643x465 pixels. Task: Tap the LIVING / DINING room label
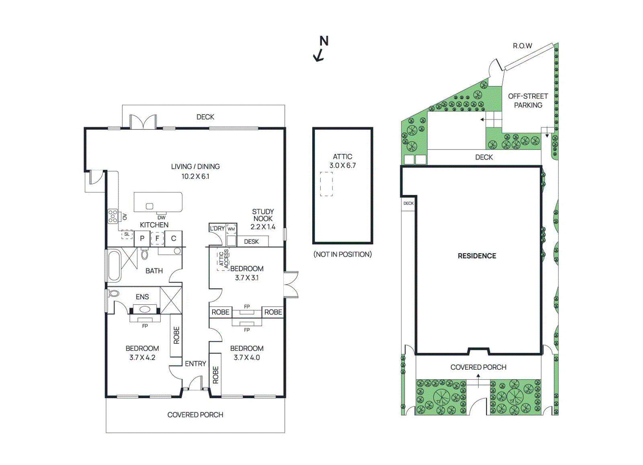(x=195, y=171)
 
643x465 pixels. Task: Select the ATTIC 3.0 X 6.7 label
(x=342, y=161)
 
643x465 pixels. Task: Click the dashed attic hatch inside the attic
(x=326, y=184)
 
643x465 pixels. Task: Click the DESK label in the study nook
(x=251, y=242)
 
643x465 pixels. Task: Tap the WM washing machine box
(x=231, y=229)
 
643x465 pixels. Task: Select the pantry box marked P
(x=142, y=238)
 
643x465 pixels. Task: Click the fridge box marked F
(x=157, y=238)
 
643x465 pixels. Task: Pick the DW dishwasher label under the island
(x=162, y=217)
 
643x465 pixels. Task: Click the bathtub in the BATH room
(x=114, y=266)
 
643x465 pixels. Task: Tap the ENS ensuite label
(x=142, y=297)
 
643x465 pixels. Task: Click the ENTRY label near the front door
(x=195, y=364)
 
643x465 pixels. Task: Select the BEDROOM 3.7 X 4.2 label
(x=142, y=353)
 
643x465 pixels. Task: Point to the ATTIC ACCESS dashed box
(x=223, y=259)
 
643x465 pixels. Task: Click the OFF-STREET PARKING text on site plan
(x=528, y=100)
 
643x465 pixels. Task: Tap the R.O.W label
(x=522, y=46)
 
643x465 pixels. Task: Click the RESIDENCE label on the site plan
(x=477, y=256)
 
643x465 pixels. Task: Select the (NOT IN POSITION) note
(x=342, y=254)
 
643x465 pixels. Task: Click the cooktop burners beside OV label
(x=113, y=216)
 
